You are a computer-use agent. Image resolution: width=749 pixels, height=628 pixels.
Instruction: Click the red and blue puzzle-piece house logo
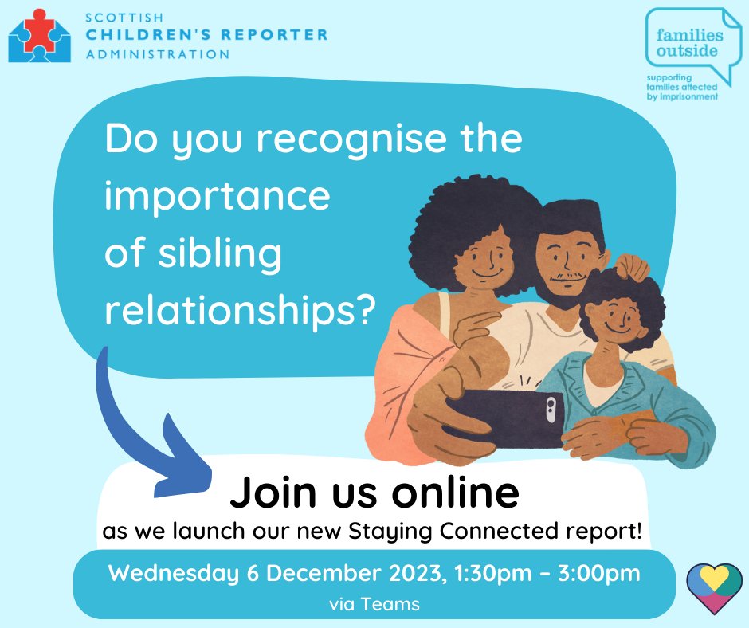click(x=39, y=33)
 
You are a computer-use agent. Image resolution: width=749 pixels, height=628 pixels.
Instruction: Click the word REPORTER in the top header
click(x=274, y=35)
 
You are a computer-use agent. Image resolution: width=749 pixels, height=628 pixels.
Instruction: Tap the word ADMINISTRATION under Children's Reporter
click(x=159, y=54)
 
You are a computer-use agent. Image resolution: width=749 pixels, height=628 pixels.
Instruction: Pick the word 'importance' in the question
click(x=217, y=195)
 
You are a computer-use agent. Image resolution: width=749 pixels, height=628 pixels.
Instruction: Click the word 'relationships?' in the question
click(x=239, y=310)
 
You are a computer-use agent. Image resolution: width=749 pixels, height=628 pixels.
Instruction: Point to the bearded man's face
click(x=568, y=257)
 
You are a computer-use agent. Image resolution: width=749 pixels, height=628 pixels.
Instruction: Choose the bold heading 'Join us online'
click(x=374, y=493)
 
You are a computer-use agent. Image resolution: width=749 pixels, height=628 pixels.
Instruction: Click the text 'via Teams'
click(x=374, y=603)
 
